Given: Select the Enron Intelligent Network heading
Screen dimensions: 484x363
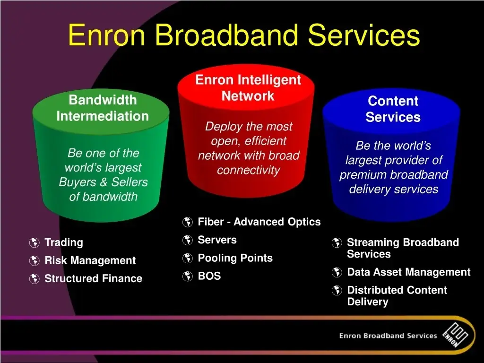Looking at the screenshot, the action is (x=248, y=88).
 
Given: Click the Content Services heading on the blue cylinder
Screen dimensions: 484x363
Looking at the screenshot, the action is (x=393, y=109).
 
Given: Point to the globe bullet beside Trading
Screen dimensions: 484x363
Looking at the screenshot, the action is (x=34, y=242).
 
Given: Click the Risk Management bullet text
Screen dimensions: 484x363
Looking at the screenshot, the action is (x=90, y=260).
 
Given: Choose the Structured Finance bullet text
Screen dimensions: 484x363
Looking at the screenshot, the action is (x=94, y=278).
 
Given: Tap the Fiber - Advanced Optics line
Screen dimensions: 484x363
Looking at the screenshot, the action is (x=259, y=222).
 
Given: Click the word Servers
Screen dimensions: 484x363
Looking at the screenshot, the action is (x=217, y=240).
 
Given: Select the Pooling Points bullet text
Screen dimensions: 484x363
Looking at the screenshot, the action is (x=235, y=258).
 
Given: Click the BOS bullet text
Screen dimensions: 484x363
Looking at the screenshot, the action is (x=209, y=276).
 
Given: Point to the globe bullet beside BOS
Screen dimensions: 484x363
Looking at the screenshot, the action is (x=187, y=276).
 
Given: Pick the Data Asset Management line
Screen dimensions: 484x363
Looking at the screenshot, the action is (x=409, y=272).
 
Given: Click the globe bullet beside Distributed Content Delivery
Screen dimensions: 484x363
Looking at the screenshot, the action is (x=337, y=291).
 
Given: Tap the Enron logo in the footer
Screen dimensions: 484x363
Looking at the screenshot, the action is (x=455, y=335).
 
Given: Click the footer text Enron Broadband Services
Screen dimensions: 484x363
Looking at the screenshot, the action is (x=388, y=336).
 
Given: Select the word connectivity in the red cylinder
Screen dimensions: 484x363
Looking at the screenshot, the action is (x=249, y=170).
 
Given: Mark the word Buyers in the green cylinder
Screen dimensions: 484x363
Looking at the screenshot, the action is (x=78, y=182).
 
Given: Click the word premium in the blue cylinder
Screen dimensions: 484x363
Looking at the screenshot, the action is (x=358, y=175).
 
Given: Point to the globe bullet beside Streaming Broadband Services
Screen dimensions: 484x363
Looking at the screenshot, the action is (x=337, y=242).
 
